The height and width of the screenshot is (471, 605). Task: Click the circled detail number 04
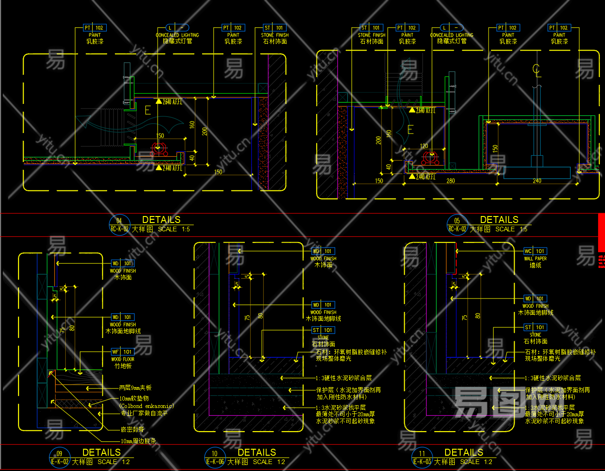tap(119, 221)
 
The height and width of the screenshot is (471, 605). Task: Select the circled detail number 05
tap(457, 221)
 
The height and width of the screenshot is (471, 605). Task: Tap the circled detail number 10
tap(214, 453)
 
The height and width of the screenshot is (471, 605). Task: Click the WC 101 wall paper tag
tap(535, 251)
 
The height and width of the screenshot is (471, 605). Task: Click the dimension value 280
tap(451, 181)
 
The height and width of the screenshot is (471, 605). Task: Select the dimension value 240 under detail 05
tap(537, 181)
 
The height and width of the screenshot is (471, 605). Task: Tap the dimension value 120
tap(424, 146)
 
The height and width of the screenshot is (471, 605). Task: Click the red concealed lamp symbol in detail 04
tap(159, 149)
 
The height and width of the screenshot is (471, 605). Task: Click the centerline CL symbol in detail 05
tap(536, 70)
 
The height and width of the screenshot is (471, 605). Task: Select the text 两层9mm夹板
tap(135, 388)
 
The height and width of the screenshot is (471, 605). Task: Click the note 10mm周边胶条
tap(138, 441)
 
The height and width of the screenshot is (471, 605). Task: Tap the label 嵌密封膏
tap(132, 430)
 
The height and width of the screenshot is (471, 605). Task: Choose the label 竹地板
tap(123, 366)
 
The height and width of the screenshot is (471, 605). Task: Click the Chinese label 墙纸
tap(535, 265)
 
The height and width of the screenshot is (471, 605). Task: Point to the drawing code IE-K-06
tap(215, 462)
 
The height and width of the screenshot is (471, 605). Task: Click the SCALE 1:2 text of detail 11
tap(476, 462)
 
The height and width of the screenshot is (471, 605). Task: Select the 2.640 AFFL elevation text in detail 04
tap(172, 102)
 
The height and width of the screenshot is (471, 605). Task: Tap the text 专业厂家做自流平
tap(144, 413)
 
